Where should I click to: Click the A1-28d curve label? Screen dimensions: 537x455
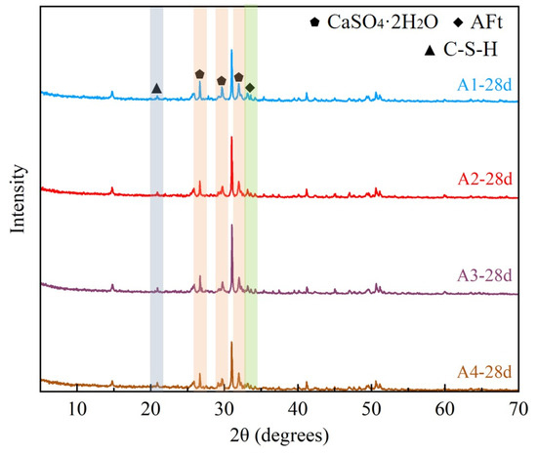coord(484,85)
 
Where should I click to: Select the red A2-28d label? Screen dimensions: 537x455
coord(484,179)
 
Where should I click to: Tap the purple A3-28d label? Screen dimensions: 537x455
coord(484,275)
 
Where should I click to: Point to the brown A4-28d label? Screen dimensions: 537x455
coord(484,372)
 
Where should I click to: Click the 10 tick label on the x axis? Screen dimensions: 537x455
coord(77,409)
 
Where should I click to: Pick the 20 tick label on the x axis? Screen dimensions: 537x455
coord(150,409)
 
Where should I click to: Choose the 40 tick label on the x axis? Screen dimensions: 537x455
coord(298,409)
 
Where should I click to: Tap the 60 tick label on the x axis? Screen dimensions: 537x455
coord(444,409)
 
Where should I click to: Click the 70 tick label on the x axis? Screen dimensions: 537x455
coord(518,409)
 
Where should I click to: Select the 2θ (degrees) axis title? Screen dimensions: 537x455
coord(279,435)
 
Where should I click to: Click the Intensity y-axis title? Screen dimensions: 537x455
coord(18,199)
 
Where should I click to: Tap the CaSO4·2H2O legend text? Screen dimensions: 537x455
coord(383,22)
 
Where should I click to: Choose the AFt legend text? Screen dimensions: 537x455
coord(486,22)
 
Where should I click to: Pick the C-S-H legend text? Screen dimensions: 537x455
coord(471,49)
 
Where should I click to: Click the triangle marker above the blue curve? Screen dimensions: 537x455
coord(156,88)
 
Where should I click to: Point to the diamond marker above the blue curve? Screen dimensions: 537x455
coord(250,88)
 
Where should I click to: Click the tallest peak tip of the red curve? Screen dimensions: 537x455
coord(231,137)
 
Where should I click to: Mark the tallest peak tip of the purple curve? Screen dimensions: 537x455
coord(231,225)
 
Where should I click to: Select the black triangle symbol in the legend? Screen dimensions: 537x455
coord(430,51)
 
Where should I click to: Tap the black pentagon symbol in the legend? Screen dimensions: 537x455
coord(314,22)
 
